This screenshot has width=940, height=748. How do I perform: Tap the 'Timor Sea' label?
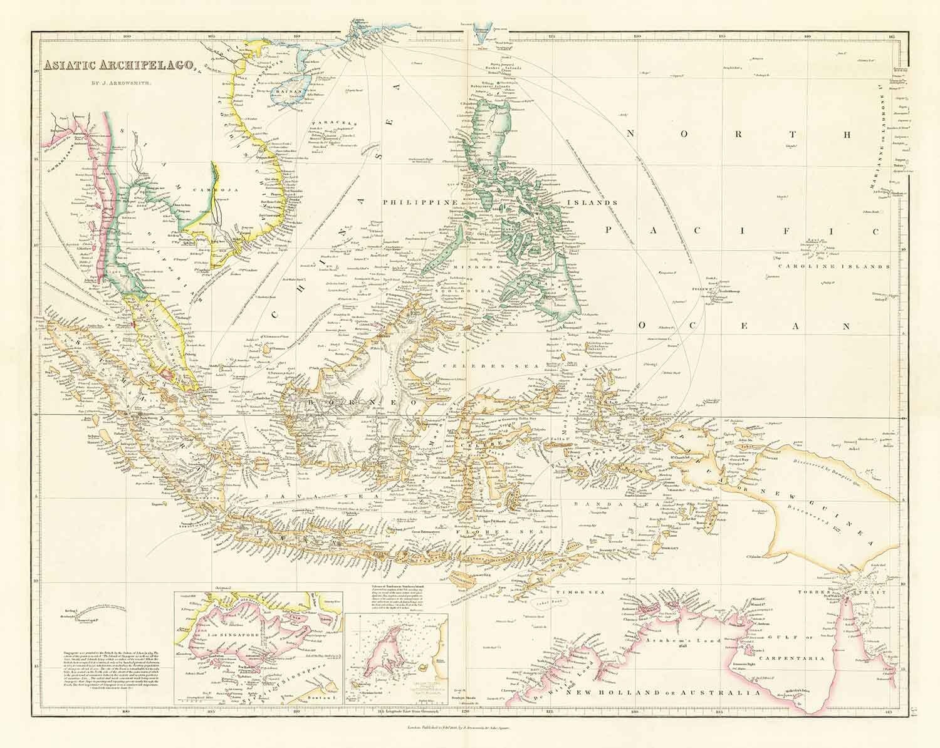click(567, 591)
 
